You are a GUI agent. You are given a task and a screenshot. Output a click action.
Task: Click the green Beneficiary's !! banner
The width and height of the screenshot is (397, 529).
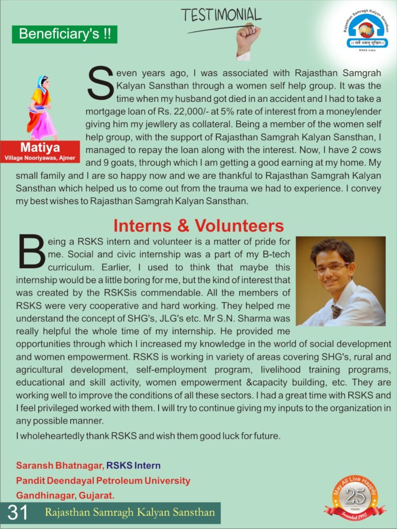[65, 34]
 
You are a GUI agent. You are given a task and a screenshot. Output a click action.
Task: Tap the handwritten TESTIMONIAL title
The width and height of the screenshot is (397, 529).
[221, 15]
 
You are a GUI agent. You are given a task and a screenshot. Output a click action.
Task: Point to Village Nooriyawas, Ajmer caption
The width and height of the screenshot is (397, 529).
[40, 158]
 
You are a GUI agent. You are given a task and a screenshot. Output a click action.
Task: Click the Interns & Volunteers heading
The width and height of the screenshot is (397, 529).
[198, 226]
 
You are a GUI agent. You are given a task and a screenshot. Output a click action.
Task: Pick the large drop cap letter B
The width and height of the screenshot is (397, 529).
[32, 252]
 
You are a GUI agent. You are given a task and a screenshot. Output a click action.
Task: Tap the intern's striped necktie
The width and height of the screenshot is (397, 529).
[336, 312]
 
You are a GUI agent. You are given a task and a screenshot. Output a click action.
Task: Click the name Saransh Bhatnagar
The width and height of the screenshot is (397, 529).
[59, 466]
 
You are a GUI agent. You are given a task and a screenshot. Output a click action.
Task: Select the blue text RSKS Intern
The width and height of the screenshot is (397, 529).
[133, 466]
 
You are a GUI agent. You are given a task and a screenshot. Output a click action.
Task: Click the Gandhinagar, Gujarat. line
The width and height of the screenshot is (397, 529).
[65, 496]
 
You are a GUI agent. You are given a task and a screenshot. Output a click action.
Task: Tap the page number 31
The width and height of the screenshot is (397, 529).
[18, 513]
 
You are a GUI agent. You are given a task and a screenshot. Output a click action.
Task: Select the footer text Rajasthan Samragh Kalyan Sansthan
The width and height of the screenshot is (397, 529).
[129, 513]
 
